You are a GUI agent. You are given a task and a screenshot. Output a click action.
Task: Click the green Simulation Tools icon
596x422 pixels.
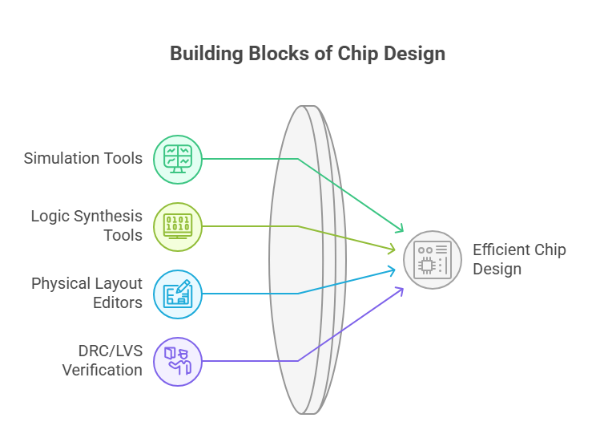tap(177, 158)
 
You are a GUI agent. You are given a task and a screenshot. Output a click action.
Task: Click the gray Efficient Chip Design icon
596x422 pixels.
tap(433, 259)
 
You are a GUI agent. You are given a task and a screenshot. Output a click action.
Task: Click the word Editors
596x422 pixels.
tap(117, 302)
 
